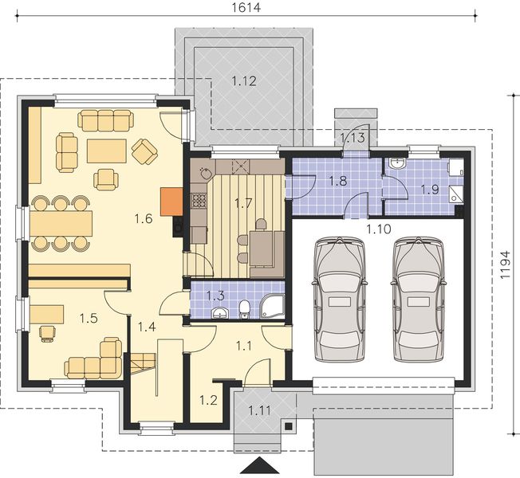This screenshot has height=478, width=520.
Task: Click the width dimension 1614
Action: [x=246, y=7]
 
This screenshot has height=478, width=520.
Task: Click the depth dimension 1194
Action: [x=505, y=264]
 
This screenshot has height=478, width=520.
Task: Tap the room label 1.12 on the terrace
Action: [x=244, y=81]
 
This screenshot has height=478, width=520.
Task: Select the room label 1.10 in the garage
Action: [x=379, y=229]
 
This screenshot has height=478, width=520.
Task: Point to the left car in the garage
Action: [x=340, y=299]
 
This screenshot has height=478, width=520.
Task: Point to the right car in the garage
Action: [x=419, y=299]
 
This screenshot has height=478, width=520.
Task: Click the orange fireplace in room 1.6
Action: [x=171, y=202]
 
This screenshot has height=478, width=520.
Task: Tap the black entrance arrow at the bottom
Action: [x=260, y=465]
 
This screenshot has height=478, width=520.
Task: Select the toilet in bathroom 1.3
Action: [x=245, y=309]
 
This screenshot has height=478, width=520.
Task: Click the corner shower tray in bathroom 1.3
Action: [x=273, y=307]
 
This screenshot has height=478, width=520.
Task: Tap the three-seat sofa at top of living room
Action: [x=106, y=121]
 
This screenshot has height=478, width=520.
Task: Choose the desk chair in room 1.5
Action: [x=47, y=333]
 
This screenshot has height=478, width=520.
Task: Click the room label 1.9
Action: [x=430, y=190]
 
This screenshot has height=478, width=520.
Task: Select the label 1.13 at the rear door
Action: [x=353, y=138]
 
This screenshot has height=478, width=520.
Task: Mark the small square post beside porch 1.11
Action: [x=289, y=426]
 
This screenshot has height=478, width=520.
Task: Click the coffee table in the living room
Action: [x=107, y=151]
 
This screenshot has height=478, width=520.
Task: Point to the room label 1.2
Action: [x=208, y=400]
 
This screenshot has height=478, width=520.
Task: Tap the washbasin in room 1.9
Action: [x=397, y=164]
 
